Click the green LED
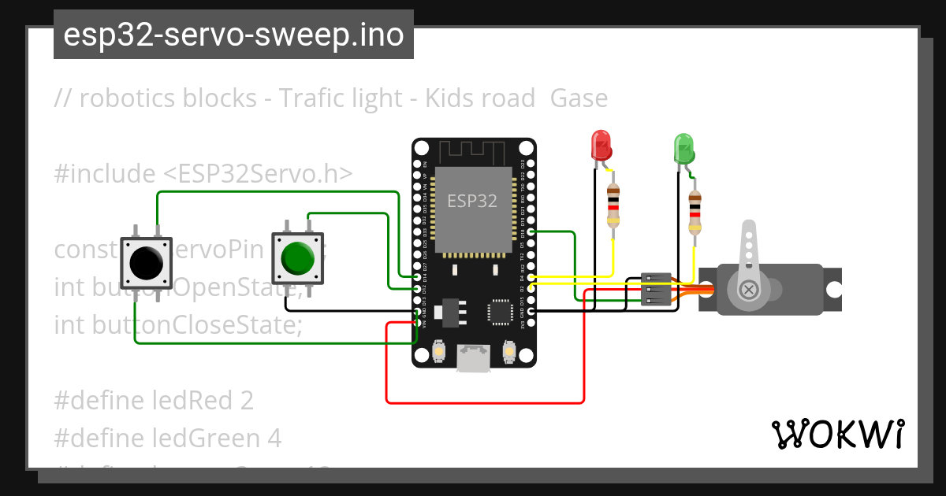[x=683, y=149]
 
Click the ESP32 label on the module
[x=472, y=200]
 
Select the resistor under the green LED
[x=694, y=212]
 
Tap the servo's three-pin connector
[x=656, y=289]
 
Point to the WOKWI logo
[x=837, y=434]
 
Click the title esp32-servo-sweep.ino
[x=233, y=35]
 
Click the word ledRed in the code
[x=194, y=401]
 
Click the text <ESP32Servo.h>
[x=258, y=173]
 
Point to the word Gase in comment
[x=579, y=98]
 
